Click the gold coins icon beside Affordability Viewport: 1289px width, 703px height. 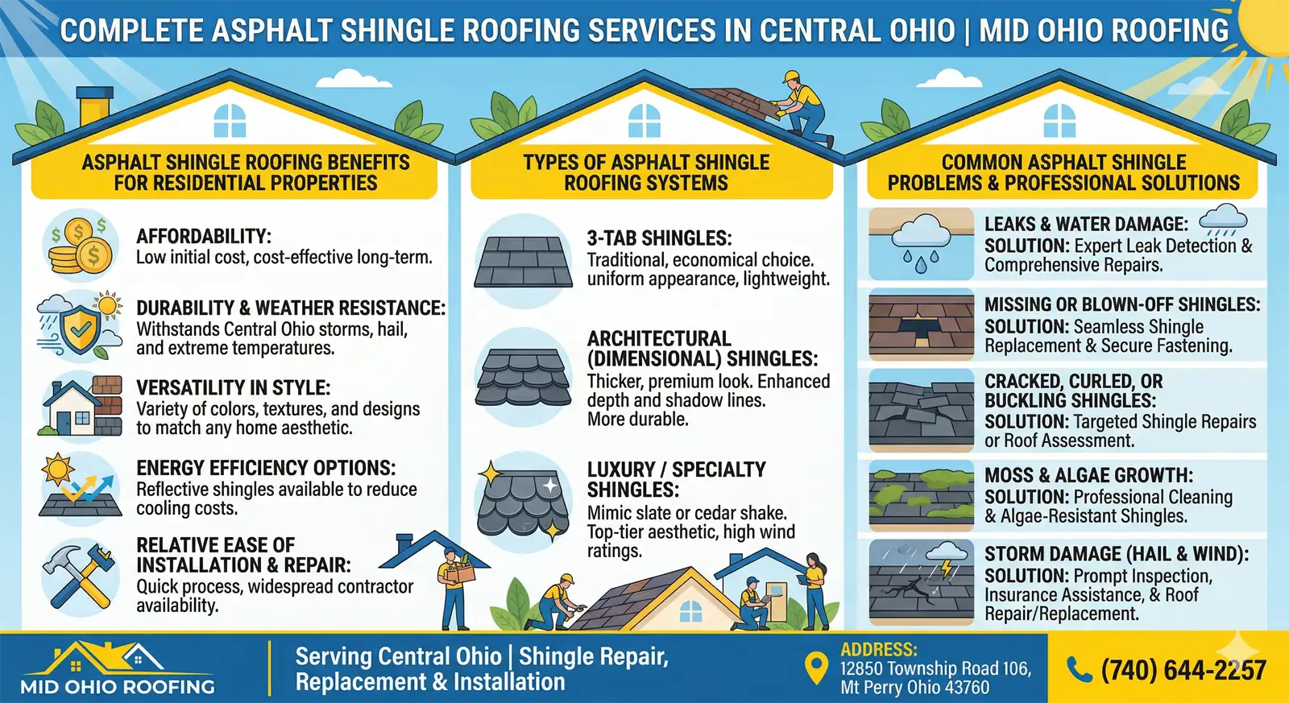[80, 246]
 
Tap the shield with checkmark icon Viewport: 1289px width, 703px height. [80, 327]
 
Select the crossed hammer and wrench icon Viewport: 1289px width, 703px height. [80, 577]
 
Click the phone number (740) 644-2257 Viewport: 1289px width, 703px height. [1183, 670]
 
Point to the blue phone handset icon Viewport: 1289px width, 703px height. [1079, 670]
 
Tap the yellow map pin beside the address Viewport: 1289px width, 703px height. [816, 668]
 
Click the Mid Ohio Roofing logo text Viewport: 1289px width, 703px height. [118, 686]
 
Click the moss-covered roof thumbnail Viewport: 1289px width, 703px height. [922, 496]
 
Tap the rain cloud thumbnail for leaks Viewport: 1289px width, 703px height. [922, 244]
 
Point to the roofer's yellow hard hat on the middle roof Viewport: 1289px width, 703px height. [792, 77]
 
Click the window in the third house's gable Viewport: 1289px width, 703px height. [1059, 121]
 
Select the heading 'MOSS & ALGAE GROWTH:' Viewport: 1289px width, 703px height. [1088, 475]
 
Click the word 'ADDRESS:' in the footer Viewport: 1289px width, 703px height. [879, 650]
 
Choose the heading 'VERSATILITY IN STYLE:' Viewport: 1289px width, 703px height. [233, 388]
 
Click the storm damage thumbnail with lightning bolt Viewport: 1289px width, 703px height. [922, 582]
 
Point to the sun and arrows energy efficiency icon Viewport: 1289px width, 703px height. [80, 486]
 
